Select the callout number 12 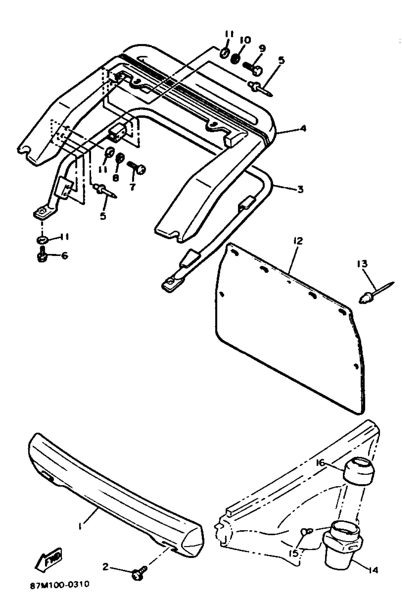coord(298,241)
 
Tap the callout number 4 coord(303,128)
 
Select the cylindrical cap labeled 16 coord(359,470)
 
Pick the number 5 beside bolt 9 coord(281,61)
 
